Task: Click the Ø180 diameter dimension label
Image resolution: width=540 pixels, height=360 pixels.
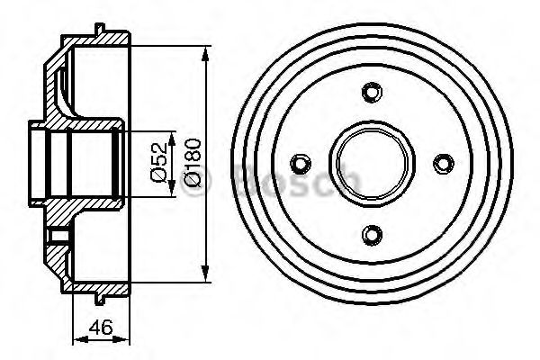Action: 192,162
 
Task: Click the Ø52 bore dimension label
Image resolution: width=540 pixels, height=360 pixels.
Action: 158,162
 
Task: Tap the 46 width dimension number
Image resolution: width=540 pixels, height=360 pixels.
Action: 101,327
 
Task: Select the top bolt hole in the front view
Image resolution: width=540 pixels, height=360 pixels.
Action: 372,92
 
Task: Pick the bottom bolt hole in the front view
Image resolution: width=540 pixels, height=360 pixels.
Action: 372,235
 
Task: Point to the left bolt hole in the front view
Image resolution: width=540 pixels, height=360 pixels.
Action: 301,163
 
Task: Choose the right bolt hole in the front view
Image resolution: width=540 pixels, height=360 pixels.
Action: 444,163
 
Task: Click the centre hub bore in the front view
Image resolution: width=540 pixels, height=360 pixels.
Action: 372,163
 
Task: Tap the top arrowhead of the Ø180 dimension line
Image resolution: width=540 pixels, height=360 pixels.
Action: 205,54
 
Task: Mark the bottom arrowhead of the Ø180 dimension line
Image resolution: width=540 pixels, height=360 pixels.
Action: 205,274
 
